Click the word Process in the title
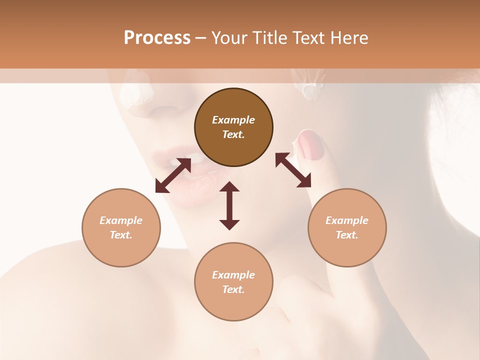[157, 38]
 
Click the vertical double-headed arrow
[229, 205]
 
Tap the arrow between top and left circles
[173, 175]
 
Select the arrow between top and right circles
[293, 170]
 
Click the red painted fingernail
[310, 145]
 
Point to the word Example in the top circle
[233, 120]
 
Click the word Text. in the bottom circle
[233, 289]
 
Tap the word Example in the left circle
[121, 220]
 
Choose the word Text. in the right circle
[347, 235]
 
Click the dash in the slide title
[200, 38]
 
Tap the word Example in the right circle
[347, 220]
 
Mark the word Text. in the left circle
[121, 235]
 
